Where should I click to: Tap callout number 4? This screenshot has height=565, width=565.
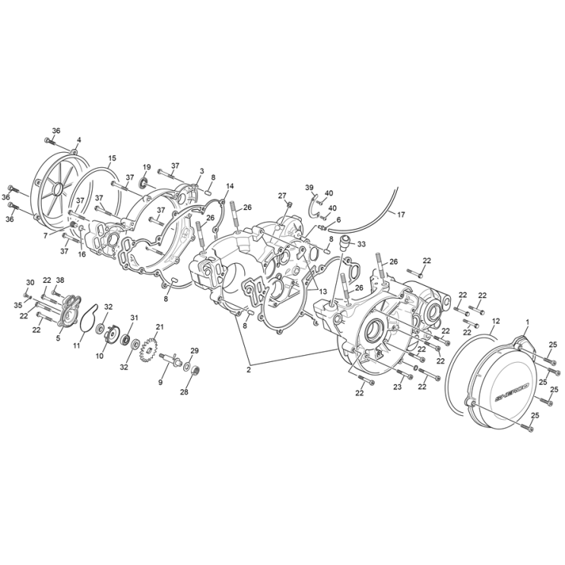point(78,140)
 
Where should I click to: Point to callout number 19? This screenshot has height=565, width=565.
point(147,167)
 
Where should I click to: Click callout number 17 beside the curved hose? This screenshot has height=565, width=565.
point(401,214)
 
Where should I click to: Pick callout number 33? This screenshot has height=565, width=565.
point(361,244)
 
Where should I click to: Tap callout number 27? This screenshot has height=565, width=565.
point(282,195)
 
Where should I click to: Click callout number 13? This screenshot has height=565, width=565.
point(323,291)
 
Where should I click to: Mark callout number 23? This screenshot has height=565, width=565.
point(397,386)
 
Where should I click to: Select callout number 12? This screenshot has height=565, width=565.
point(496,320)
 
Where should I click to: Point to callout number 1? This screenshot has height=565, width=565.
point(526,323)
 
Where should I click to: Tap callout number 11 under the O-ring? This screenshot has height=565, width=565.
point(76,345)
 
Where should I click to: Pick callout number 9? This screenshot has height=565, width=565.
point(160,382)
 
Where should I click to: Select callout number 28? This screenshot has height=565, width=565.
point(183,392)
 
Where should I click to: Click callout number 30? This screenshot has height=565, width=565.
point(30,282)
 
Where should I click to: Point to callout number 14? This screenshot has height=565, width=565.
point(230,186)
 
